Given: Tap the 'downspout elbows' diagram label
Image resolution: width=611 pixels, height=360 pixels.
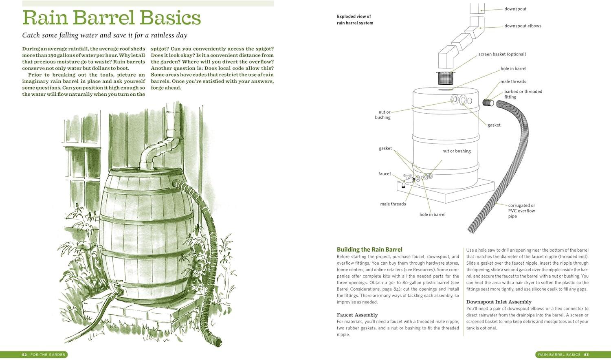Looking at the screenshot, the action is (x=523, y=26).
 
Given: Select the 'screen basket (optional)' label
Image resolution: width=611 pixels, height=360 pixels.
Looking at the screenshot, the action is (x=502, y=54).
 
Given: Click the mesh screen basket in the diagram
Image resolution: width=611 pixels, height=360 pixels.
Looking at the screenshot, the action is (x=446, y=78).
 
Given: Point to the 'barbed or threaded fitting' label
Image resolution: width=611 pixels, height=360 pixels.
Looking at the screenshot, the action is (x=523, y=94).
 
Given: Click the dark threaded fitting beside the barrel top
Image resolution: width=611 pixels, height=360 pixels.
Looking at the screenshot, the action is (x=488, y=103).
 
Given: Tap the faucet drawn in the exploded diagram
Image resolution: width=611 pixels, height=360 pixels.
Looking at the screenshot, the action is (x=408, y=180).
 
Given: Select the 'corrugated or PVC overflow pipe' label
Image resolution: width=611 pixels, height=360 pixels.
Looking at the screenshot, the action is (x=521, y=211).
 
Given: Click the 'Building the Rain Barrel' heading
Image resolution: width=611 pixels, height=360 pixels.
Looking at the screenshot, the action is (x=369, y=250).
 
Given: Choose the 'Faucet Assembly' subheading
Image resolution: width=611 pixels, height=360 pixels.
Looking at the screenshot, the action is (x=357, y=315).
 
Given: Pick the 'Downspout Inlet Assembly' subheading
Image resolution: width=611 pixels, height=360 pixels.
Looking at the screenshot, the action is (x=499, y=302).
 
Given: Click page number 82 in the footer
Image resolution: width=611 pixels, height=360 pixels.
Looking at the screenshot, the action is (x=24, y=355).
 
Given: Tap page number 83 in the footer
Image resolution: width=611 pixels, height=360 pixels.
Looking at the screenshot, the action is (x=587, y=355).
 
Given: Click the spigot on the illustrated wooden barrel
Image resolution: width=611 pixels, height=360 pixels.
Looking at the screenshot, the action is (x=118, y=288).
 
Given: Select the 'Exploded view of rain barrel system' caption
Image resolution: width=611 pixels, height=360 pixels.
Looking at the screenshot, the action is (x=355, y=20).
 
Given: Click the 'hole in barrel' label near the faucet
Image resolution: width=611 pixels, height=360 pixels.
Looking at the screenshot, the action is (x=432, y=215).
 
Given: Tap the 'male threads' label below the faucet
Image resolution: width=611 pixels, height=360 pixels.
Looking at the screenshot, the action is (x=393, y=204).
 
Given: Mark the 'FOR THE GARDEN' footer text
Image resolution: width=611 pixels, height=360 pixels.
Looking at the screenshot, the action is (x=48, y=355).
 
